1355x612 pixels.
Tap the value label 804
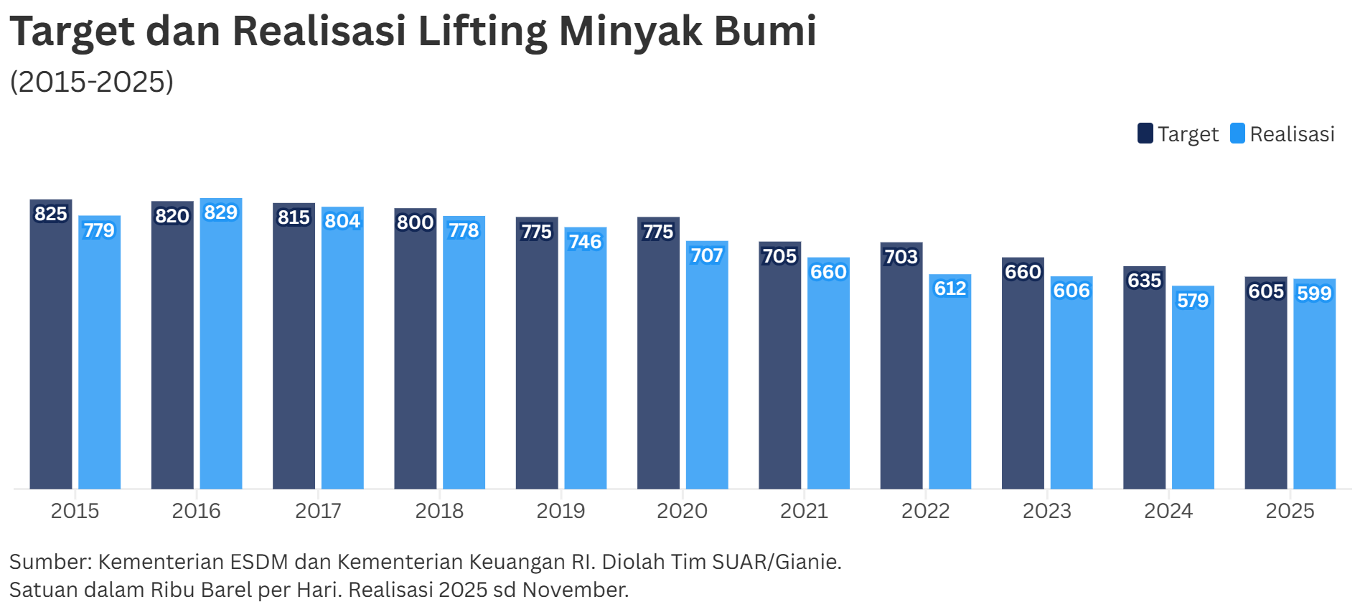pyautogui.click(x=342, y=221)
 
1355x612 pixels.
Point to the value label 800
pyautogui.click(x=416, y=222)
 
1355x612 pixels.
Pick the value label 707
pyautogui.click(x=707, y=255)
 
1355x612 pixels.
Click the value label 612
pyautogui.click(x=950, y=288)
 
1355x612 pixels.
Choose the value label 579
pyautogui.click(x=1193, y=301)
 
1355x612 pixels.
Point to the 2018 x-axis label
pyautogui.click(x=439, y=511)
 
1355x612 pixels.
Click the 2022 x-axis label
pyautogui.click(x=925, y=511)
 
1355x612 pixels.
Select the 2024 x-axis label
pyautogui.click(x=1168, y=511)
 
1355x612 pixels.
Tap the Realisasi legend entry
pyautogui.click(x=1283, y=134)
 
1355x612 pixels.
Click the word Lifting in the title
pyautogui.click(x=482, y=32)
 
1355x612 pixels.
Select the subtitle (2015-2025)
pyautogui.click(x=92, y=82)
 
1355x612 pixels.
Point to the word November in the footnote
pyautogui.click(x=575, y=590)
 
